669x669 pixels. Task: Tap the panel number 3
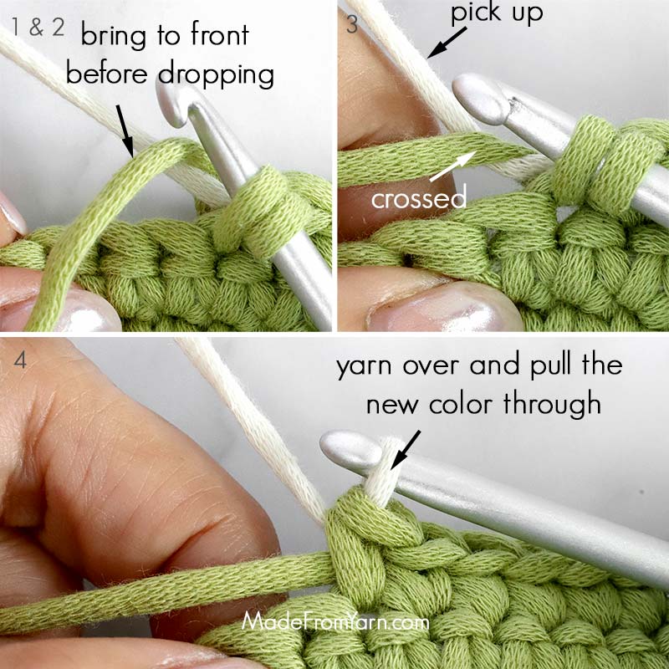click(352, 25)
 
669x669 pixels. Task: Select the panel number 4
click(20, 362)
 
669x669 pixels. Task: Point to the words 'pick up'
click(495, 13)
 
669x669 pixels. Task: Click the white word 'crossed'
click(418, 198)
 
